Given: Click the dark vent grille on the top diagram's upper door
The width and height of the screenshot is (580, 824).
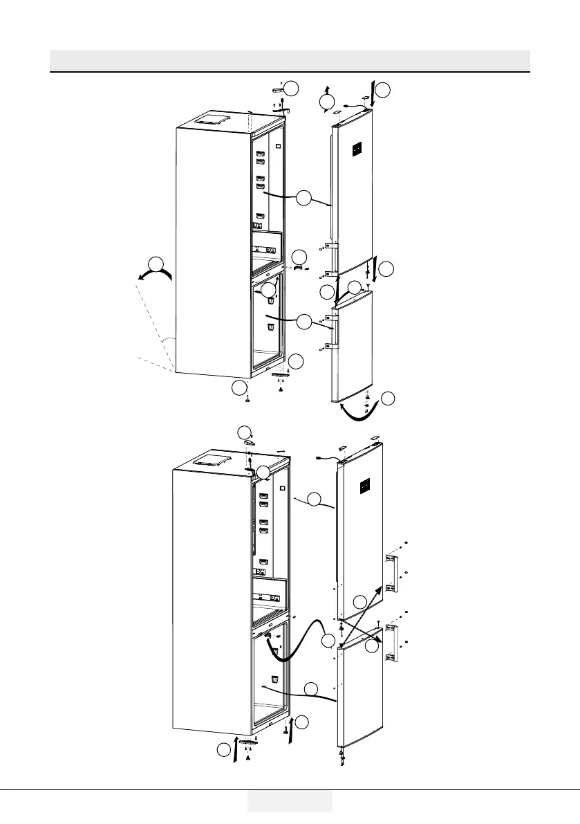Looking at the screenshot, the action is (357, 149).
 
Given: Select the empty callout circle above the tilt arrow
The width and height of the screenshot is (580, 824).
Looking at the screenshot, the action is (158, 264).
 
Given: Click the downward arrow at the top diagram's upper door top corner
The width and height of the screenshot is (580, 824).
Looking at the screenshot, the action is (374, 93).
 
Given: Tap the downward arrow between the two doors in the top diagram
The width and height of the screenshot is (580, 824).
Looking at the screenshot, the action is (374, 266).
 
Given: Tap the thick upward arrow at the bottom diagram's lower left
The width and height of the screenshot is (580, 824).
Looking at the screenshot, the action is (236, 748).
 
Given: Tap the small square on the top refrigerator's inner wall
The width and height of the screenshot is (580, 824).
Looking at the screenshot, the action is (277, 147).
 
